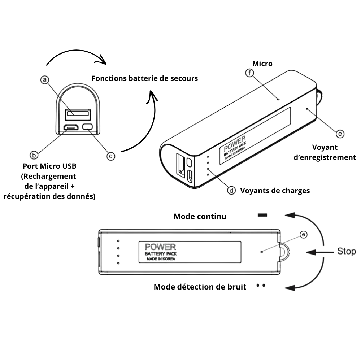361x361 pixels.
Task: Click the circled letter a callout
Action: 44,80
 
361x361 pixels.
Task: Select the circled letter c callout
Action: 111,156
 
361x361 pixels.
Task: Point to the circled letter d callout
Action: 231,190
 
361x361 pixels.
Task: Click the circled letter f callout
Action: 249,73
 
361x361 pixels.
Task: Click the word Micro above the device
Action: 262,64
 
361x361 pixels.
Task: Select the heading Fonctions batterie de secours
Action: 144,78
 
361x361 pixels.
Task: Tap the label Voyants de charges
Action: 275,190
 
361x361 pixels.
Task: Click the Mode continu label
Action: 200,216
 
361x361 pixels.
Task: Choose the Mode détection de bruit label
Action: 200,287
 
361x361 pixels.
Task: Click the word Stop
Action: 346,251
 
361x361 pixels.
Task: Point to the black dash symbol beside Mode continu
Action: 262,215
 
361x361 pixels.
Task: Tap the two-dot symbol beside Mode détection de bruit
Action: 261,285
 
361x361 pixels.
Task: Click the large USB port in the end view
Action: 78,114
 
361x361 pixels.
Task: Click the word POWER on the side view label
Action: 160,247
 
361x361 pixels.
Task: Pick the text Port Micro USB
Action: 49,166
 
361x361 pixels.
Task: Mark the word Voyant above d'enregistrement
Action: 325,147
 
